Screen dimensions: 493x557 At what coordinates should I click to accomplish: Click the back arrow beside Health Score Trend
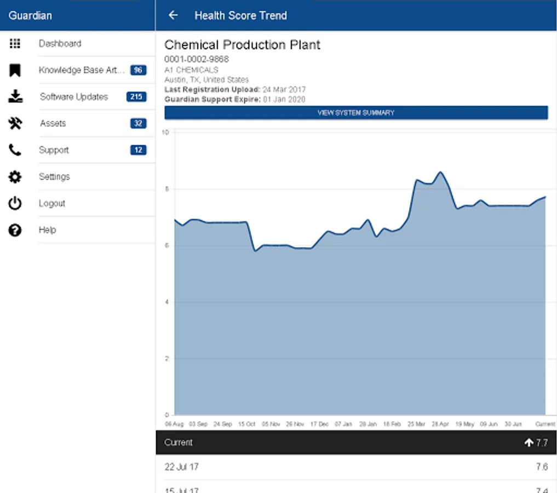(173, 15)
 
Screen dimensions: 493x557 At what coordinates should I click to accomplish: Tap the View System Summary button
(356, 113)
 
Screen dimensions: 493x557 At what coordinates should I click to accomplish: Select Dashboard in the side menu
(60, 43)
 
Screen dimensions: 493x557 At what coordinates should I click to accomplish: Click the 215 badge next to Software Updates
(136, 97)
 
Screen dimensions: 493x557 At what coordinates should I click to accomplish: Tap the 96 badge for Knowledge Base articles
(138, 70)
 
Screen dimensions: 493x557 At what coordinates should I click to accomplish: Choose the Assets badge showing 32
(138, 123)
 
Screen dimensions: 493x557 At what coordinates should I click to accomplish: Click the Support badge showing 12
(138, 150)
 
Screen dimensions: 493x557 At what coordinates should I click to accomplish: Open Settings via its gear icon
(15, 177)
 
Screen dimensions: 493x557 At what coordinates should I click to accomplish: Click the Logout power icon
(15, 204)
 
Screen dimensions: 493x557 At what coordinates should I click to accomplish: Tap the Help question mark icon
(15, 230)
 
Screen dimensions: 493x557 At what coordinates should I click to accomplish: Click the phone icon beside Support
(15, 150)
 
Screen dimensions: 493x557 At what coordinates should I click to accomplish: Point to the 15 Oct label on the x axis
(247, 424)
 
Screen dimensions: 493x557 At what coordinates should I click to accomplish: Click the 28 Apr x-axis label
(440, 424)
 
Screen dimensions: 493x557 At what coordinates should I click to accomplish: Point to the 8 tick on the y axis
(167, 189)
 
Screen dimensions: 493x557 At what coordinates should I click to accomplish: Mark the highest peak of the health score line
(440, 172)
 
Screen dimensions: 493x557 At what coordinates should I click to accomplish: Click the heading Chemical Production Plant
(242, 45)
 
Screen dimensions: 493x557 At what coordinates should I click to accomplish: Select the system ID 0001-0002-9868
(197, 59)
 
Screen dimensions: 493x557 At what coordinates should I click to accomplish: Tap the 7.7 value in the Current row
(541, 443)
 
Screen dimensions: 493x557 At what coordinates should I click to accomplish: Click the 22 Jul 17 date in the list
(181, 467)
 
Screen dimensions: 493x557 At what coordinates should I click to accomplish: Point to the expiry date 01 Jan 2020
(284, 99)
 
